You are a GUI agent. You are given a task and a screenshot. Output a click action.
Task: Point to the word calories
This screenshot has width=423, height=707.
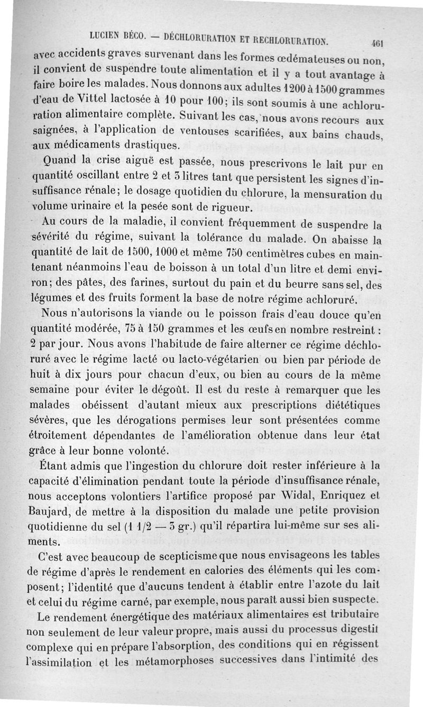[230, 572]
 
